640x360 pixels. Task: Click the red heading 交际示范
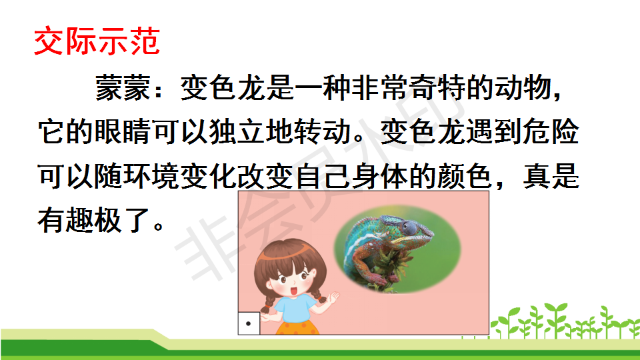click(97, 41)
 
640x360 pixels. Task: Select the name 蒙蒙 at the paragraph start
click(123, 88)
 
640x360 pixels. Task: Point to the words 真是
click(551, 176)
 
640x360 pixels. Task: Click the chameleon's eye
click(408, 227)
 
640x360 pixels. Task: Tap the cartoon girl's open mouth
click(293, 291)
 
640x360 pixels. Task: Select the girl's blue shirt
click(295, 309)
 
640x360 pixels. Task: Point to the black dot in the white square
click(248, 324)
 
